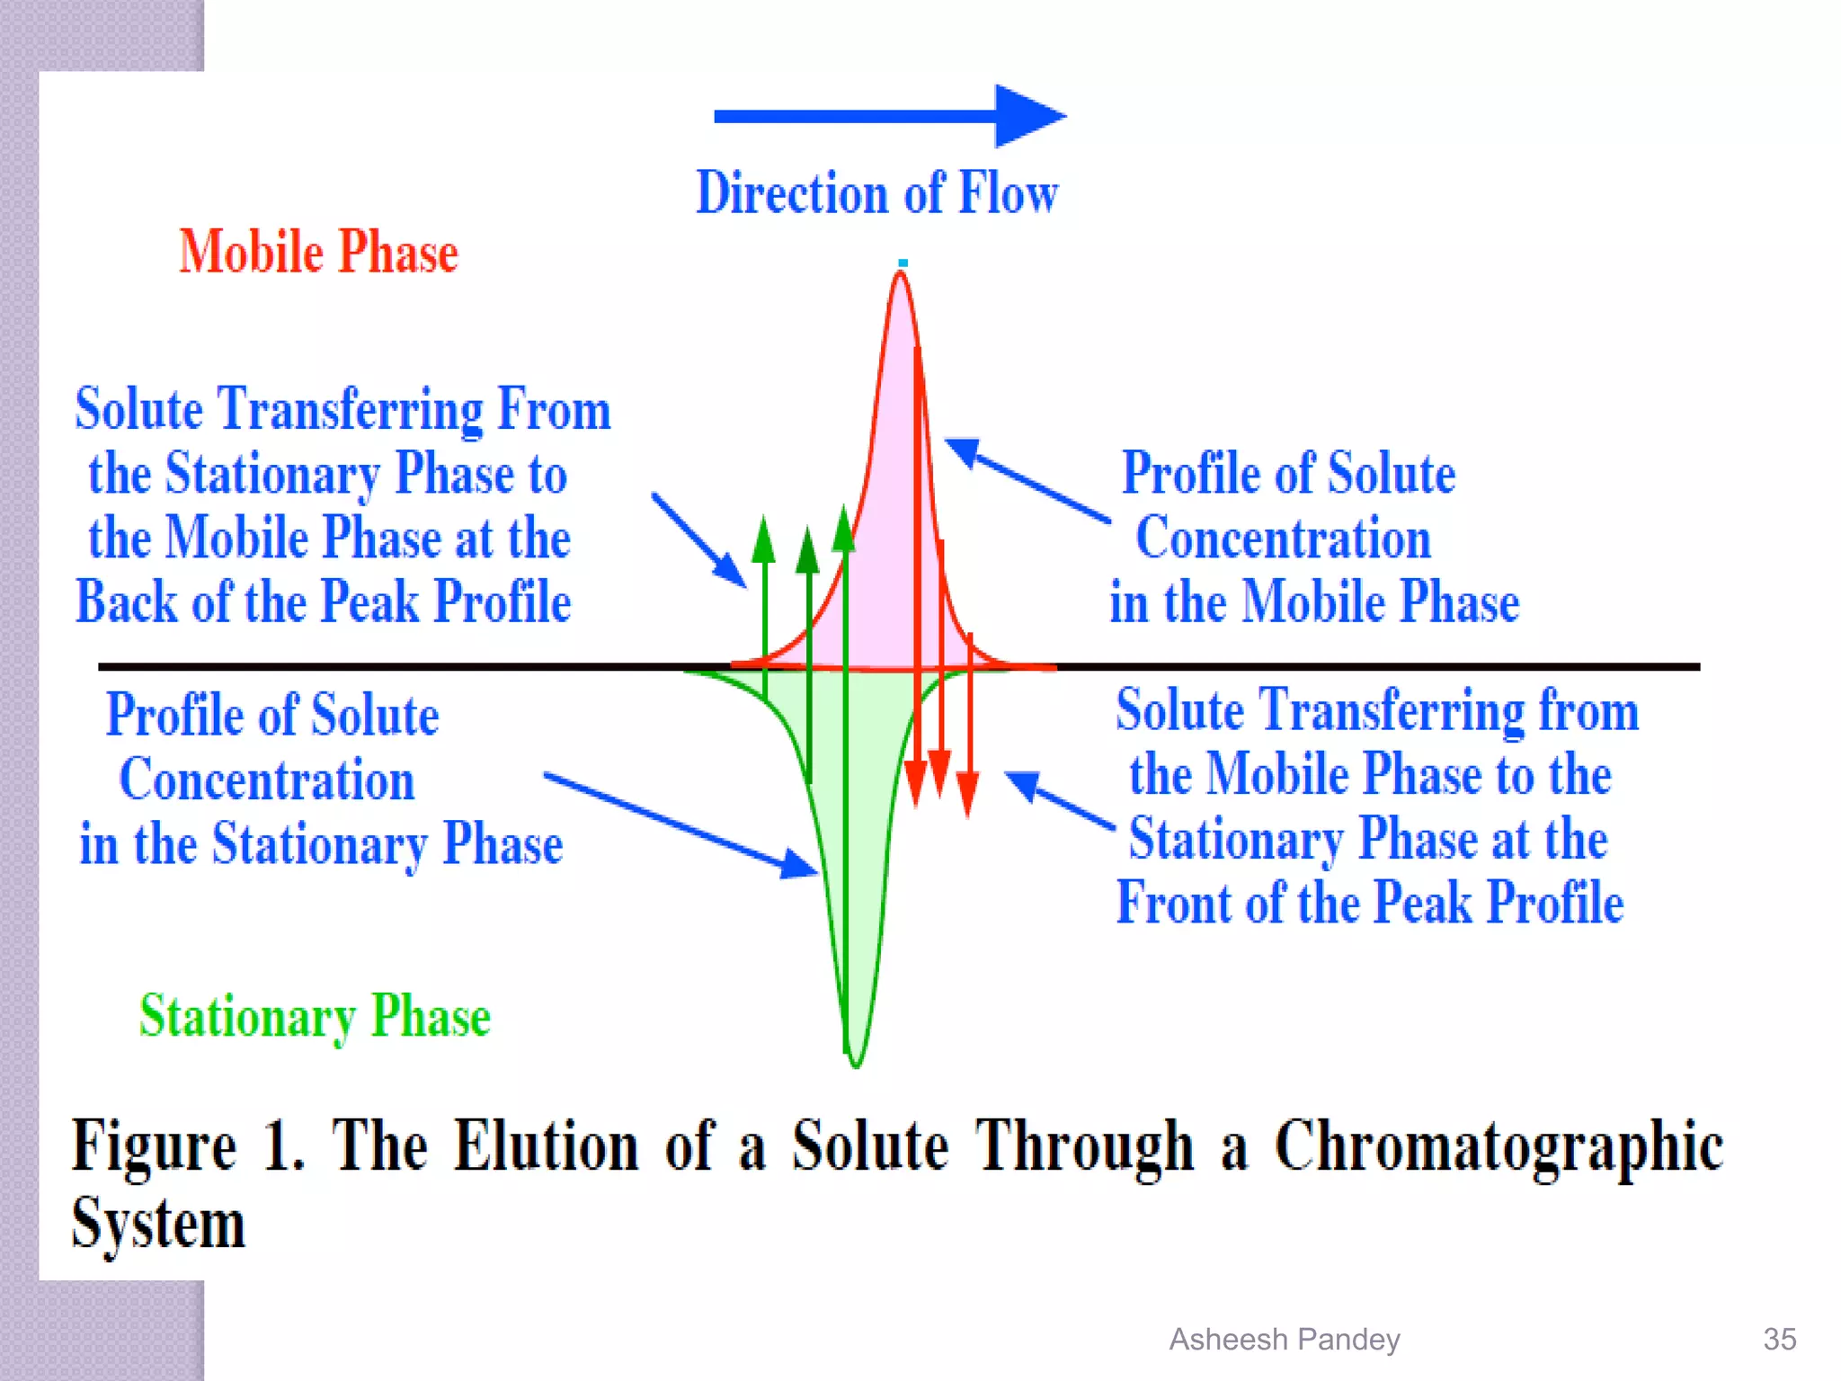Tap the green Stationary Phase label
pos(315,1017)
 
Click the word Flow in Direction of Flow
pos(1008,192)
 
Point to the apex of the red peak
pos(901,274)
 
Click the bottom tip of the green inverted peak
pos(856,1063)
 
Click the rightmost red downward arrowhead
pos(967,794)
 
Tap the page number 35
pos(1779,1340)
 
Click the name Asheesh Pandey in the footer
pos(1284,1340)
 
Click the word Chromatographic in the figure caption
pos(1498,1147)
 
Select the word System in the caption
pos(158,1225)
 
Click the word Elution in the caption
pos(546,1147)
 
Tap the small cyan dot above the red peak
pos(903,263)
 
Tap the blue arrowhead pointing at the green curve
pos(800,865)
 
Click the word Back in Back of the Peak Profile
pos(126,601)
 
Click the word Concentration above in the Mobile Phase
pos(1283,539)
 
